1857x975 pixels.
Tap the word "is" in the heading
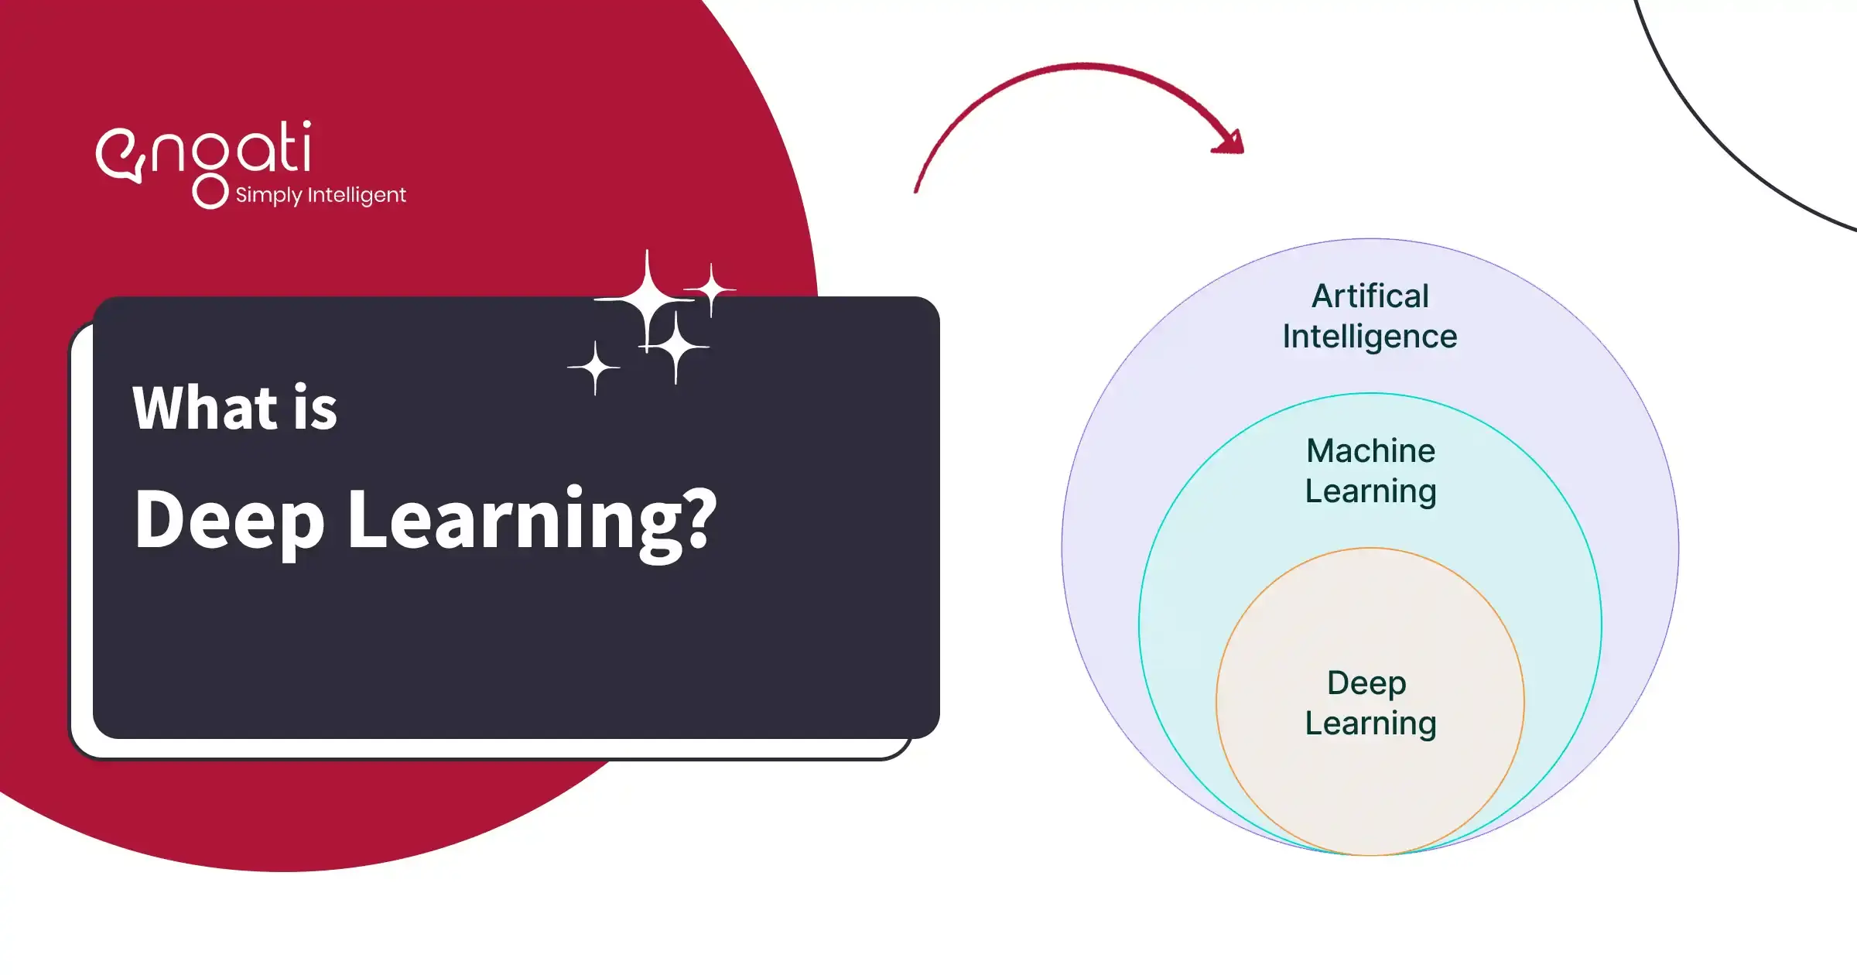(315, 408)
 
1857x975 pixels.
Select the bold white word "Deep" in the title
(229, 522)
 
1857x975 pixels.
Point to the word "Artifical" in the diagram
(1370, 296)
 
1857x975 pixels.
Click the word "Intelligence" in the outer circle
(1370, 337)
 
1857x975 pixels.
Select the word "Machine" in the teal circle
(1370, 450)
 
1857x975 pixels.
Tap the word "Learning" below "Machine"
(1370, 492)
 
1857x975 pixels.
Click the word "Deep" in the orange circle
(1366, 682)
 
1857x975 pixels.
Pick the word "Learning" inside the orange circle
(1370, 724)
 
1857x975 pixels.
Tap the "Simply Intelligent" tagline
(320, 195)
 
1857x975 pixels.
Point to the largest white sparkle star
(647, 299)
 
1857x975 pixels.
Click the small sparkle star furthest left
(594, 368)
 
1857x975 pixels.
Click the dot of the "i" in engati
(307, 124)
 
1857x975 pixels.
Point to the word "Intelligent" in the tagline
(357, 195)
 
